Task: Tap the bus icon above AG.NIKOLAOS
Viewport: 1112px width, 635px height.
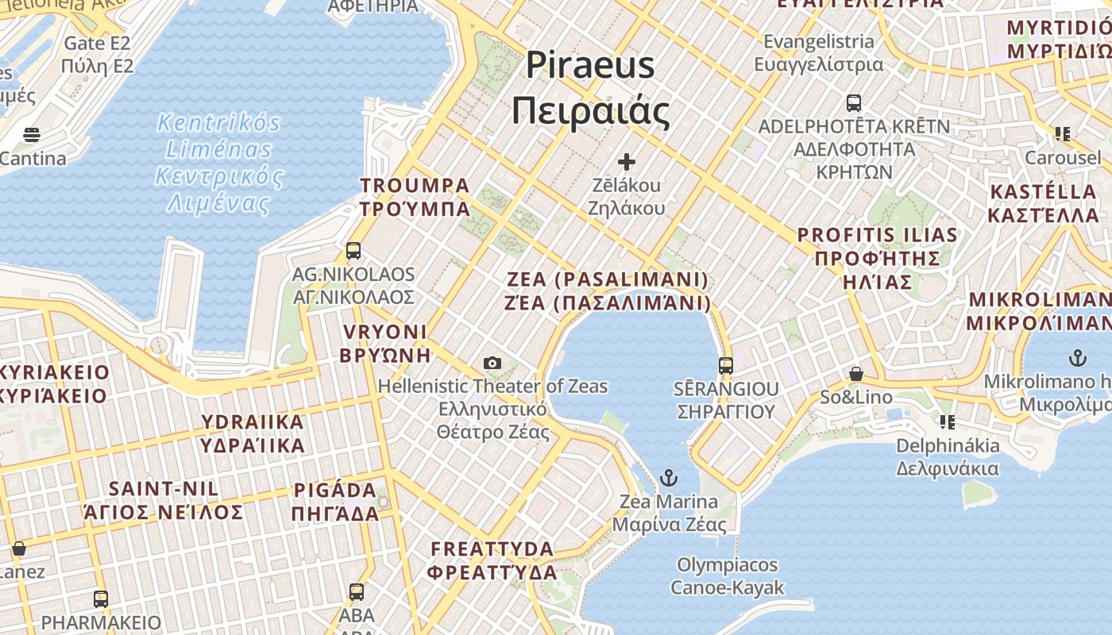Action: point(353,251)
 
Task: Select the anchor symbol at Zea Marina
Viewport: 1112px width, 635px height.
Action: point(669,478)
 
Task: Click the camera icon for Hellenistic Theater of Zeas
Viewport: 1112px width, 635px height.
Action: point(492,363)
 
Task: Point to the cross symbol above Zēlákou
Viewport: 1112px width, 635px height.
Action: point(627,162)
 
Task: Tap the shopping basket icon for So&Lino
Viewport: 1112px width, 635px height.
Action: point(856,373)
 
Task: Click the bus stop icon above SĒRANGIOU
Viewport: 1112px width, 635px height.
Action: point(725,365)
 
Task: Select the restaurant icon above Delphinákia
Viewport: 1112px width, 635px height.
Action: point(947,421)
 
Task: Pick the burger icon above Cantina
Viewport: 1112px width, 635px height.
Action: point(32,134)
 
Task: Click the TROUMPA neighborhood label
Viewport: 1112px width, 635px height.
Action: point(415,197)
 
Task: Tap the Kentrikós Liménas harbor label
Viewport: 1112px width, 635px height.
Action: point(218,163)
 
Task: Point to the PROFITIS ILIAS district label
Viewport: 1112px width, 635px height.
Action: point(878,258)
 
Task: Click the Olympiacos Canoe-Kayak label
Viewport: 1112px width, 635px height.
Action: point(727,576)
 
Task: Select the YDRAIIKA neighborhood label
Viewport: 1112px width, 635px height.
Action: point(253,433)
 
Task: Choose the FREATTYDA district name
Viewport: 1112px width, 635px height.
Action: point(492,560)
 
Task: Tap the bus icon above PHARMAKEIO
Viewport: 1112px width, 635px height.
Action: point(101,598)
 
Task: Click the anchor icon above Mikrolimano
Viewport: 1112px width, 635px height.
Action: point(1077,357)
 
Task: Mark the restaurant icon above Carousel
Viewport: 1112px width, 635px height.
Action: point(1062,133)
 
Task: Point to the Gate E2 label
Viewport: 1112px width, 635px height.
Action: point(97,54)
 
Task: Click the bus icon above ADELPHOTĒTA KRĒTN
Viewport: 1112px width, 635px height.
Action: point(854,102)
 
